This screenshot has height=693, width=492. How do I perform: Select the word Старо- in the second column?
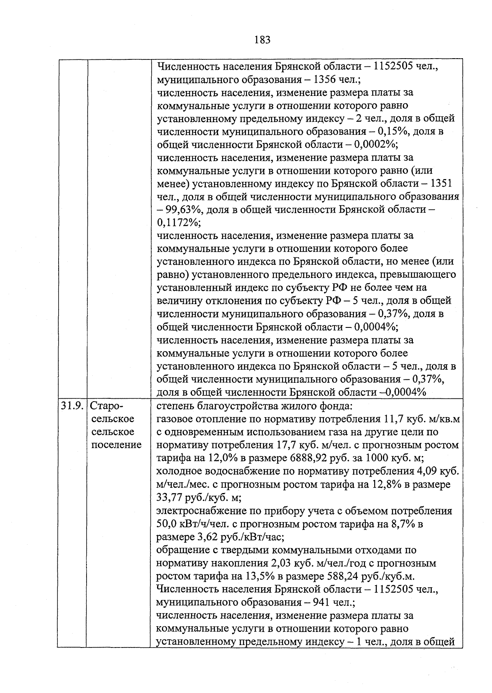click(106, 406)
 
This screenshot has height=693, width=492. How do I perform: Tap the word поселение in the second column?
click(116, 445)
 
